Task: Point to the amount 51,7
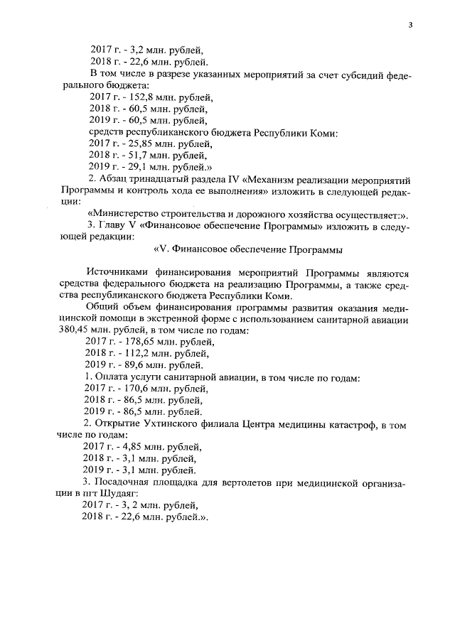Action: [x=136, y=154]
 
